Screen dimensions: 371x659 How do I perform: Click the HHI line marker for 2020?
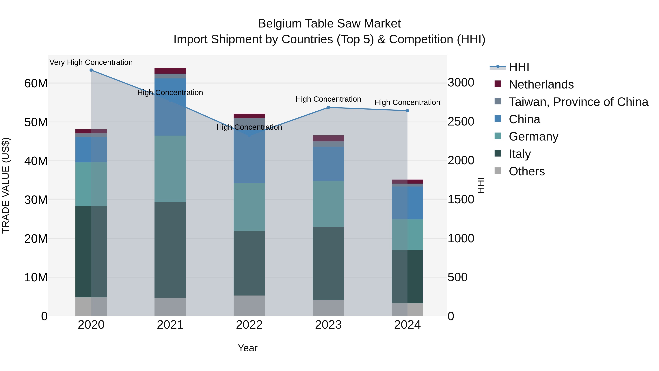tap(91, 70)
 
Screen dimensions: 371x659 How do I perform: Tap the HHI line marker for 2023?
tap(328, 107)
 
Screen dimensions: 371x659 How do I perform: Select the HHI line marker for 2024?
tap(407, 111)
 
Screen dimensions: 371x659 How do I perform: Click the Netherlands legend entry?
tap(541, 84)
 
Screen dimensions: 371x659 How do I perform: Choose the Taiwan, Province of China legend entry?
tap(578, 102)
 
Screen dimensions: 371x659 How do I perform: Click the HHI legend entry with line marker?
tap(519, 67)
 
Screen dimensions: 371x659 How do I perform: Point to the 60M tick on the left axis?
tap(36, 83)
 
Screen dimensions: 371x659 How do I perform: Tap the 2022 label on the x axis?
tap(249, 325)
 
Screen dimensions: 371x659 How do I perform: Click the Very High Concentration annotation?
tap(91, 62)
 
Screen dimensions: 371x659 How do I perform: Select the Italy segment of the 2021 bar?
tap(170, 250)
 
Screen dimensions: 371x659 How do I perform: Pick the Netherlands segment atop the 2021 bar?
tap(170, 71)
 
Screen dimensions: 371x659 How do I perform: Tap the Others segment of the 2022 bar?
tap(249, 306)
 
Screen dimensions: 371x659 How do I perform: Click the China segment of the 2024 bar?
tap(407, 203)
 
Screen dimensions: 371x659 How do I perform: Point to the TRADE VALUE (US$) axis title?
tap(6, 185)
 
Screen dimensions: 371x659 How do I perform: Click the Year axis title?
tap(247, 348)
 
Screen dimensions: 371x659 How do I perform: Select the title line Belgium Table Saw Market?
tap(329, 24)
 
